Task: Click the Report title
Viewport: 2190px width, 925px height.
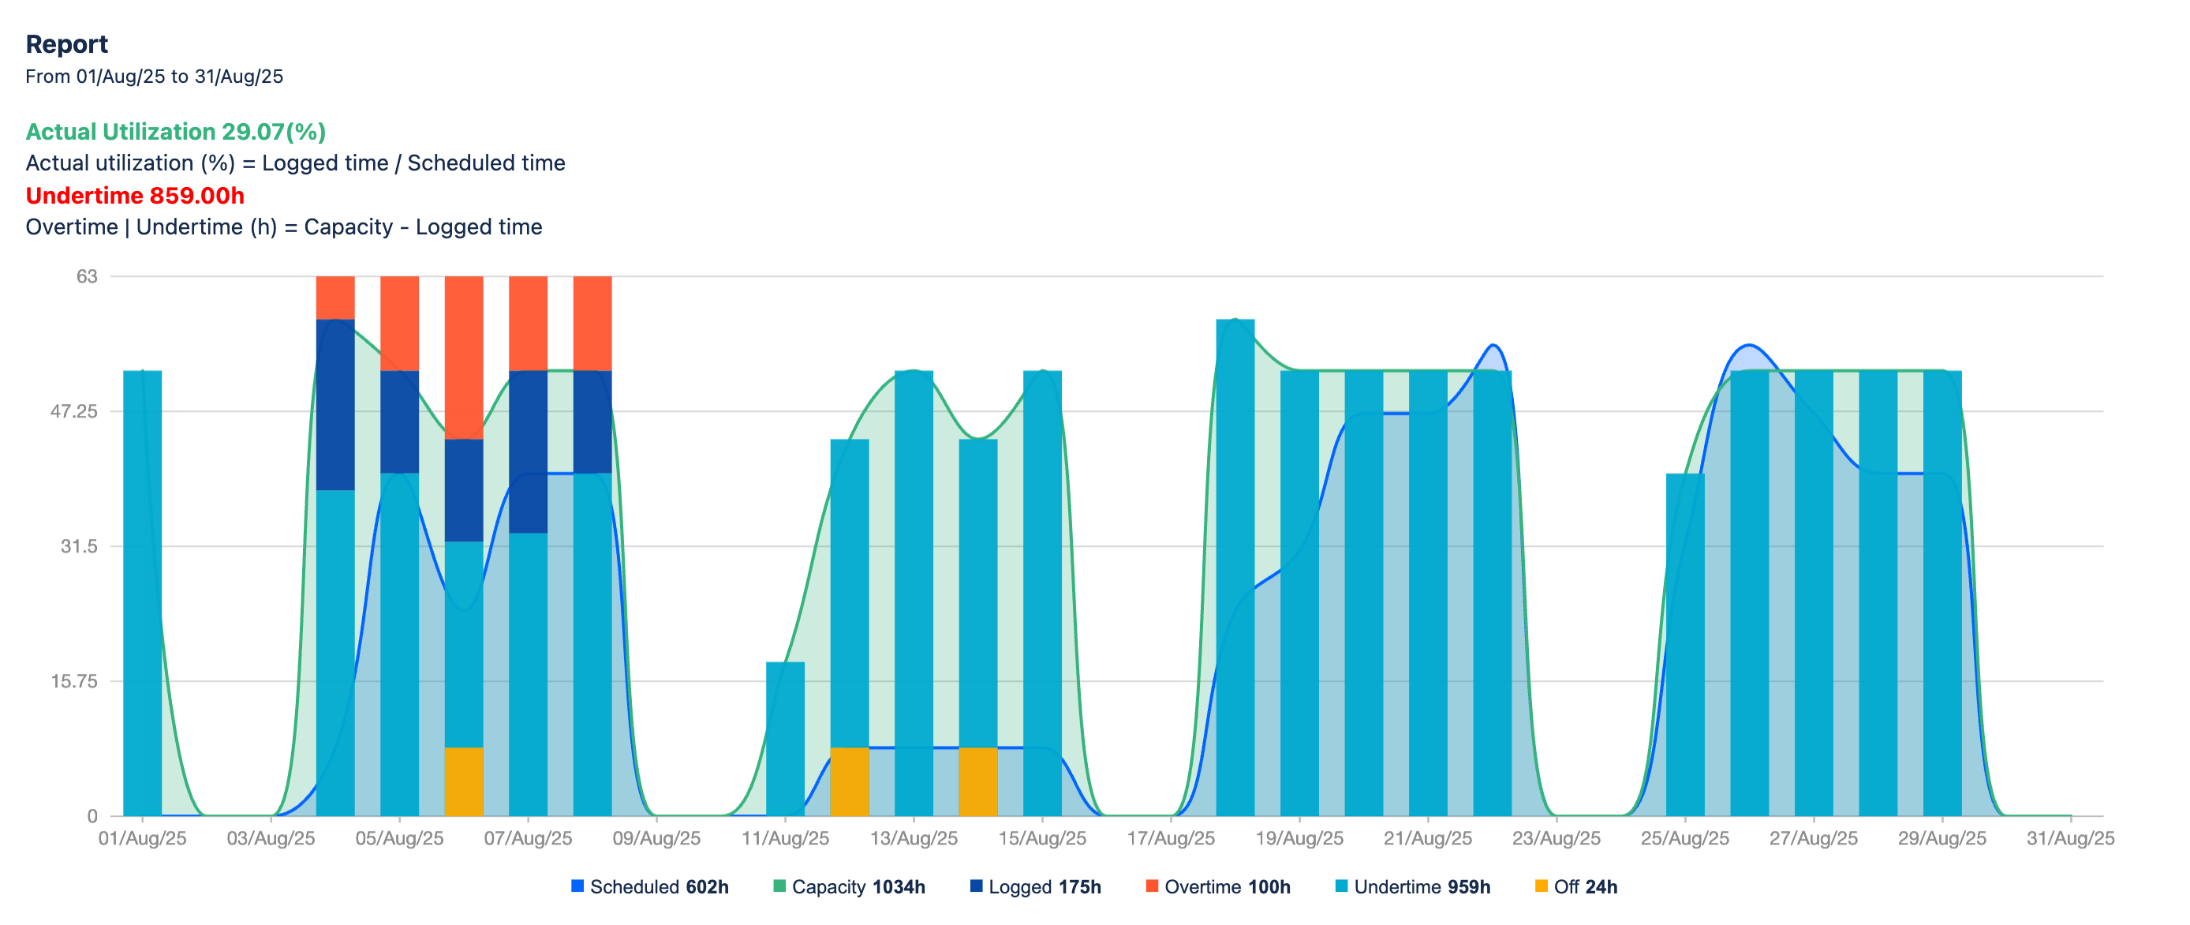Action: (x=66, y=44)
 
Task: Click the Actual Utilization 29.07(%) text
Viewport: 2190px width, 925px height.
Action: (x=175, y=132)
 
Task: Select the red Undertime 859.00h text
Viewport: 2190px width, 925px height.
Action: (x=134, y=196)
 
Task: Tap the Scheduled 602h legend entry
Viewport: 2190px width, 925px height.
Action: (x=650, y=887)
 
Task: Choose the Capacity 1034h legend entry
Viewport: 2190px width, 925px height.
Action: (x=850, y=887)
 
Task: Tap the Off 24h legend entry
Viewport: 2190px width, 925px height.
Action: (x=1576, y=887)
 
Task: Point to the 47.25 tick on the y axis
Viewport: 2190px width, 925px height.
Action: (x=74, y=411)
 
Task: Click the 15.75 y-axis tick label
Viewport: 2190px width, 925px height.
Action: (x=74, y=681)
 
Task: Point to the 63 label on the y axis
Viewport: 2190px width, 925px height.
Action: (x=87, y=276)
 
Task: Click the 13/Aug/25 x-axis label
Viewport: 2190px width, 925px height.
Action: (x=913, y=838)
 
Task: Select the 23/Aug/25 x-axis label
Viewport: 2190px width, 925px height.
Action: (x=1556, y=838)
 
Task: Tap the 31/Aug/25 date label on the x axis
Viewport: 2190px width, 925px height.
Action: (x=2069, y=838)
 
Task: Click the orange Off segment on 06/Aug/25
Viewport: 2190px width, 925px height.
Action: (x=463, y=781)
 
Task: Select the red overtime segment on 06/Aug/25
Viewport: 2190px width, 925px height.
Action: (x=463, y=357)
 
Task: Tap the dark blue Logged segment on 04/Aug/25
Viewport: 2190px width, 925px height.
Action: (x=335, y=405)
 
